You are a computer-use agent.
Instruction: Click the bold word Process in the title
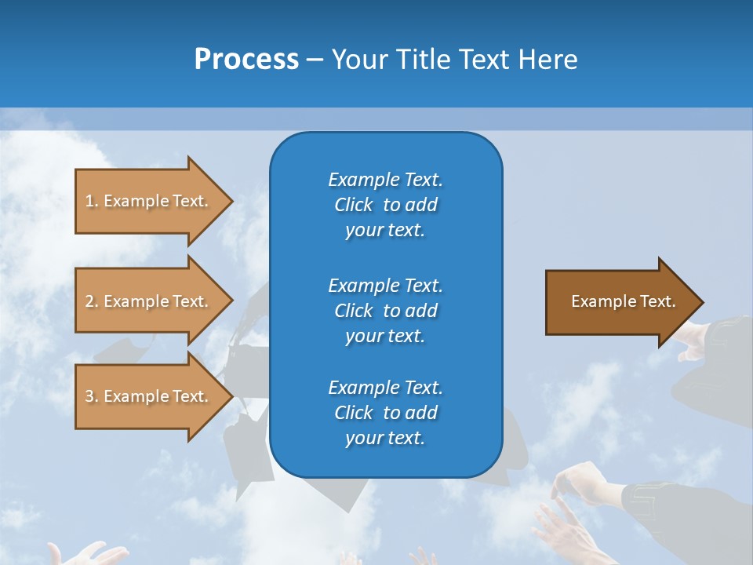click(x=246, y=60)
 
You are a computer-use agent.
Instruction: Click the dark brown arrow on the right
click(x=620, y=302)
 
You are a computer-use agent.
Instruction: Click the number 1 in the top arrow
click(x=89, y=201)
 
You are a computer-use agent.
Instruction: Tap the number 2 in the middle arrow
click(x=89, y=301)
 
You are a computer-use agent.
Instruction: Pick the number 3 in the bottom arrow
click(x=89, y=396)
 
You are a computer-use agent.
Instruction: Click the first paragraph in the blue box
click(x=385, y=205)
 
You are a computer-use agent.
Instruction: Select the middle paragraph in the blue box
click(x=385, y=311)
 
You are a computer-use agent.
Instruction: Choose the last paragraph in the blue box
click(x=385, y=413)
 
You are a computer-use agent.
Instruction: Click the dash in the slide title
click(x=315, y=60)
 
